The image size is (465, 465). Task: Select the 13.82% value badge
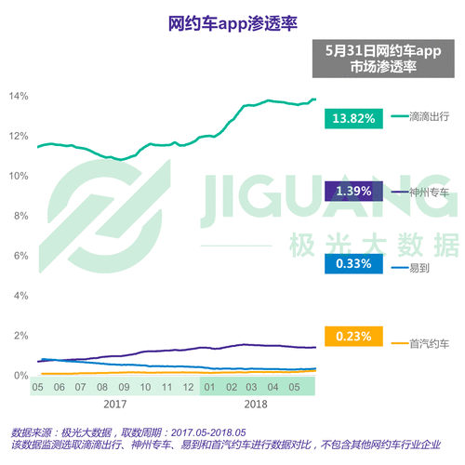pyautogui.click(x=351, y=117)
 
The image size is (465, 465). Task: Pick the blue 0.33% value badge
pyautogui.click(x=351, y=264)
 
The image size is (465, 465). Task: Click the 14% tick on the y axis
pyautogui.click(x=19, y=96)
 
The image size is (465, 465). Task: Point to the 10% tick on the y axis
pyautogui.click(x=19, y=176)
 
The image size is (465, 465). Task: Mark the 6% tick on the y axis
pyautogui.click(x=19, y=255)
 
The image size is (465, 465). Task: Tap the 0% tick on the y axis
pyautogui.click(x=19, y=376)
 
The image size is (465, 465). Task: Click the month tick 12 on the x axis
pyautogui.click(x=188, y=387)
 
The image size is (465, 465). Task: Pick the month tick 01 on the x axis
pyautogui.click(x=210, y=387)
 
